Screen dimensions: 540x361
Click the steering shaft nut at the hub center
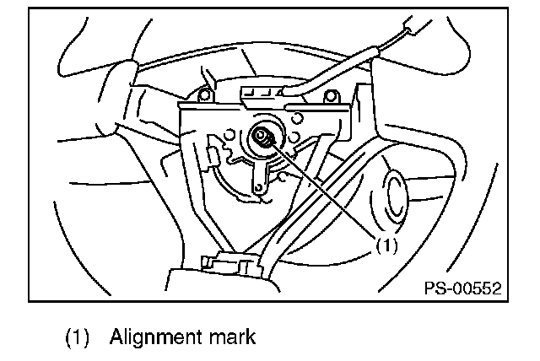[262, 137]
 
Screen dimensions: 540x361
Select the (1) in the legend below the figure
[78, 337]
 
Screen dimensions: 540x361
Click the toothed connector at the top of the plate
[263, 90]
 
